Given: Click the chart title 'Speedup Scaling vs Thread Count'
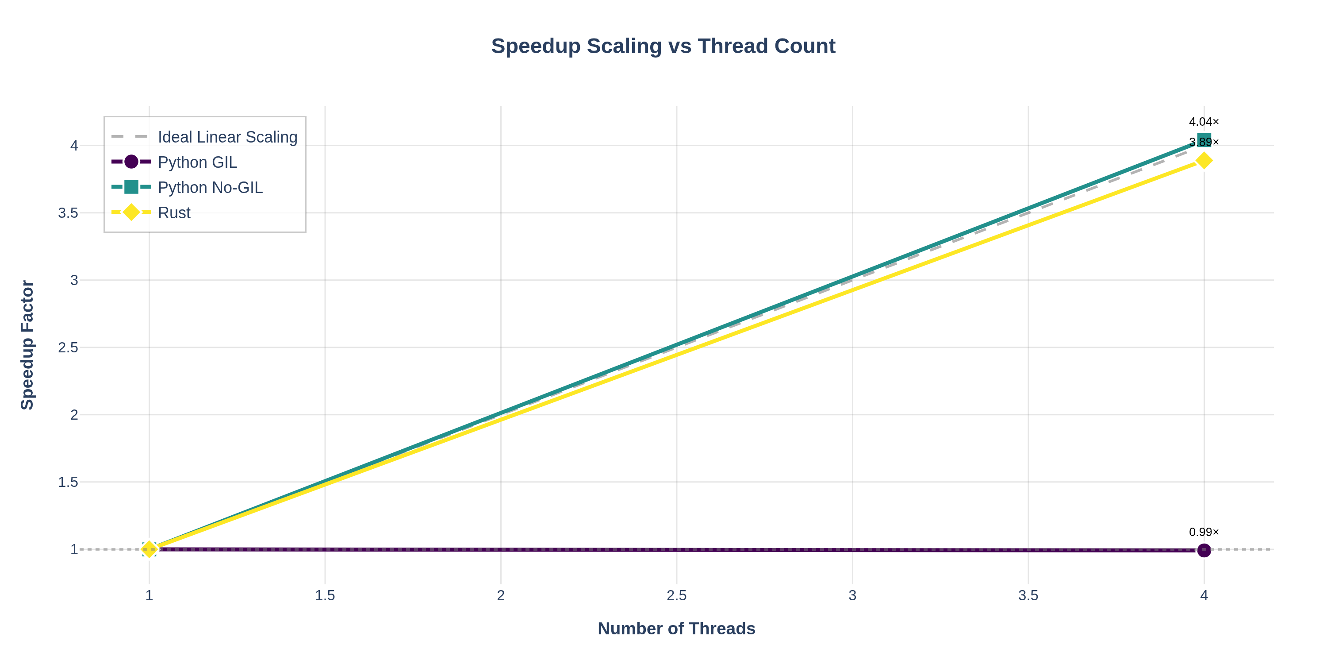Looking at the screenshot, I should [663, 46].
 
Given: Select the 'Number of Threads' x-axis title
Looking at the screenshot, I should [676, 629].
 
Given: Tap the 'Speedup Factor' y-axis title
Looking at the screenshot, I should [27, 345].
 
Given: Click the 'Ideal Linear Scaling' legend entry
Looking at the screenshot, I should [227, 137].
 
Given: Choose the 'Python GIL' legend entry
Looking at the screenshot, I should [197, 162].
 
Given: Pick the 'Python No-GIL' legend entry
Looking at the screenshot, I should [210, 188].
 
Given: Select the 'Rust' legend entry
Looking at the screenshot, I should [174, 213].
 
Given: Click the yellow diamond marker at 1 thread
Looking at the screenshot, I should [149, 549].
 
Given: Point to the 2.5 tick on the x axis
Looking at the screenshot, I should [676, 596].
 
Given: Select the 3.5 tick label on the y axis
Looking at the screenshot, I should [68, 213].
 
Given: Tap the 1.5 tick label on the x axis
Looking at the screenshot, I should [325, 596].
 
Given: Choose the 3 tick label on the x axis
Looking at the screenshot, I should [852, 596].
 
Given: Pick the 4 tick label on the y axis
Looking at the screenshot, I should [74, 146].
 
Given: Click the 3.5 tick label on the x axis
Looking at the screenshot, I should [1028, 596].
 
